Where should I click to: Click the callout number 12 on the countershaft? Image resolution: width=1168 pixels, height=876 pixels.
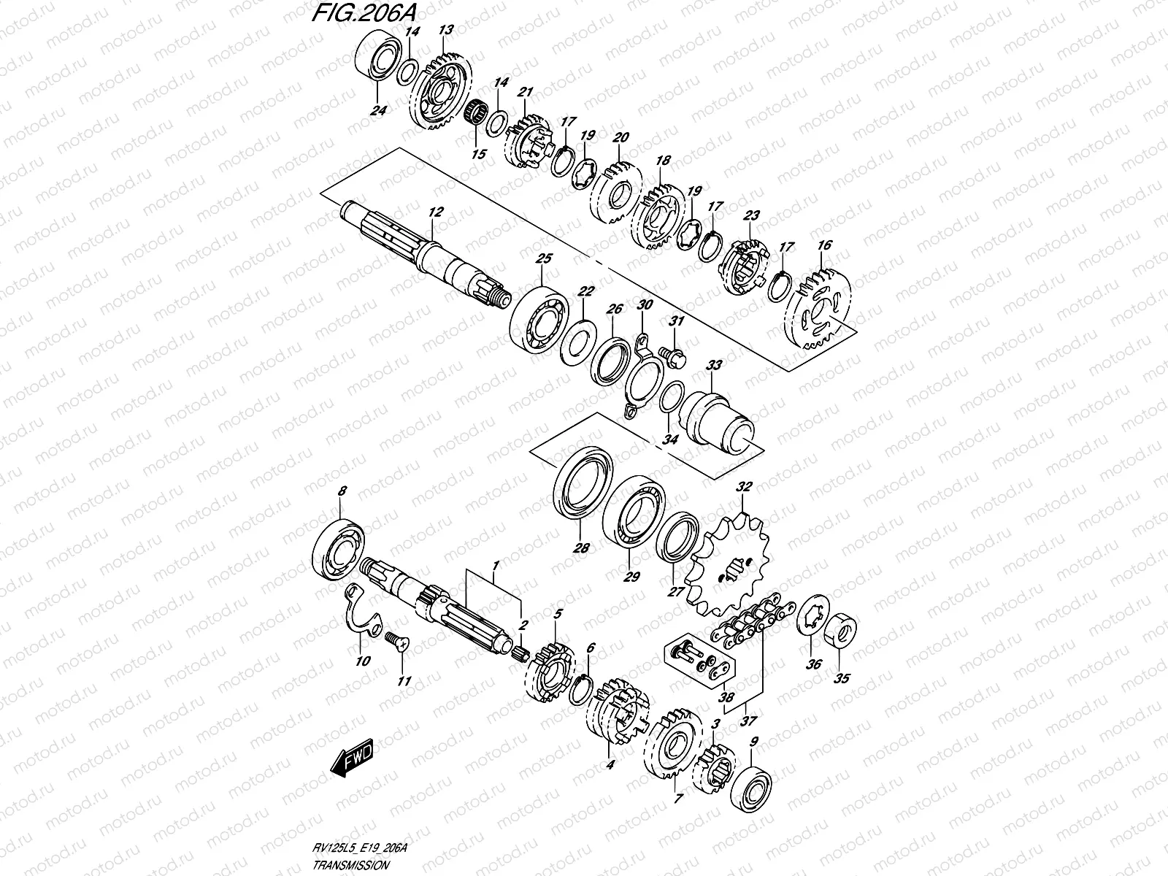tap(436, 212)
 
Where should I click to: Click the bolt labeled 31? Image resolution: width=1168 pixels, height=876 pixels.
tap(673, 354)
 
